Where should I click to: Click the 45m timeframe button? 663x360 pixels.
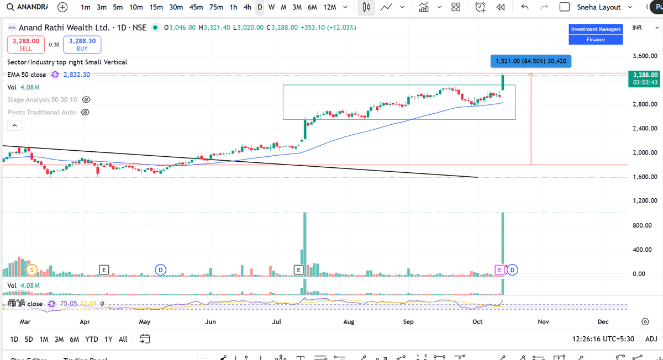tap(196, 7)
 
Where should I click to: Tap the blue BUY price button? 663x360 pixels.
tap(82, 44)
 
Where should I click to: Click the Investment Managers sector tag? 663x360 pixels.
tap(596, 29)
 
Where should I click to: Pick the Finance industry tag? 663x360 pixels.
tap(596, 39)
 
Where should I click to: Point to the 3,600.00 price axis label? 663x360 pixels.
tap(644, 56)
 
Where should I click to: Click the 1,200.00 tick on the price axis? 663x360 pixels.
tap(644, 200)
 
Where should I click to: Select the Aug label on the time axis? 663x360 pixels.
tap(349, 321)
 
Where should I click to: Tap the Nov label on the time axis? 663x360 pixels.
tap(543, 321)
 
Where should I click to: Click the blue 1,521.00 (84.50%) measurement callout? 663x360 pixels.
tap(530, 61)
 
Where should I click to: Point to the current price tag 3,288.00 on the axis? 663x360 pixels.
tap(644, 74)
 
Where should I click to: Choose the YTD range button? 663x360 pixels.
tap(92, 339)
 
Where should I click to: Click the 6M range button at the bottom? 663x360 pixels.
tap(74, 339)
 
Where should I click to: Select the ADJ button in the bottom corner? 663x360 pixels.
tap(651, 339)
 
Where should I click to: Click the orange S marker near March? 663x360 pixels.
tap(31, 269)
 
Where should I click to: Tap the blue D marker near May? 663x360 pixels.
tap(160, 269)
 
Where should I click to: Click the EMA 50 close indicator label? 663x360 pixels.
tap(27, 75)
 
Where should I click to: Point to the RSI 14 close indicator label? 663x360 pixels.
tap(25, 304)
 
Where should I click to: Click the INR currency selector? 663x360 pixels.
tap(641, 28)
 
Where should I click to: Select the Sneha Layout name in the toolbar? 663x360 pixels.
tap(599, 7)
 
